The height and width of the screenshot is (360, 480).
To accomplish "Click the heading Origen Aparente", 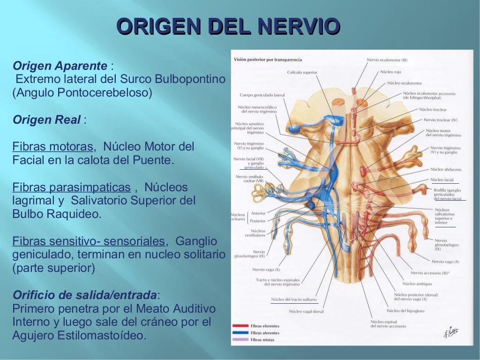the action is (x=60, y=65).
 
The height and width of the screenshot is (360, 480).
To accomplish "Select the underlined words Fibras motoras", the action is (x=52, y=147).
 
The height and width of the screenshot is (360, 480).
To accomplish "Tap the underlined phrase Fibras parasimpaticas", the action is (x=71, y=187).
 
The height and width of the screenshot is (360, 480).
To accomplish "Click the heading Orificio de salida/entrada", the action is (x=84, y=295).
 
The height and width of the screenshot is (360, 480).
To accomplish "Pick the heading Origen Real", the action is (x=47, y=120).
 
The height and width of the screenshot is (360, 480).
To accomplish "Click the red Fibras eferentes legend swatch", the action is (x=240, y=326).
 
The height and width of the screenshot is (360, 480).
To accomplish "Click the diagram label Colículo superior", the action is (x=302, y=72).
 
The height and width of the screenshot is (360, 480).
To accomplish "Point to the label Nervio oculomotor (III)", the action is (x=387, y=60).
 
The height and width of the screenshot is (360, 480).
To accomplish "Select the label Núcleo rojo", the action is (x=390, y=72).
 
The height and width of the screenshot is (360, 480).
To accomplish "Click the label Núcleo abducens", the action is (x=445, y=169).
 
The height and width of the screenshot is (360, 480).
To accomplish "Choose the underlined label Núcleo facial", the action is (x=442, y=180).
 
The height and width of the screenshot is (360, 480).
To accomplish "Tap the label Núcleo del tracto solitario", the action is (x=293, y=299).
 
